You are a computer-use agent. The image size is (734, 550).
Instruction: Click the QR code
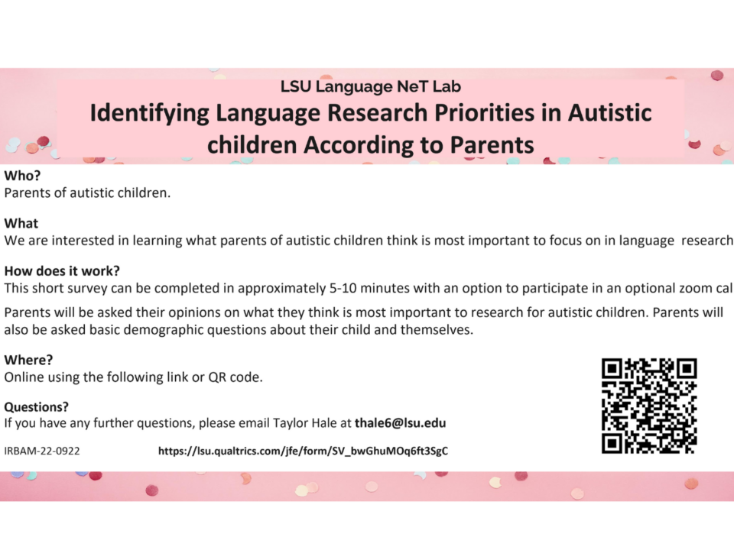click(649, 406)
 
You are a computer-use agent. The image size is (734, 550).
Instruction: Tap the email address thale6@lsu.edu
click(400, 422)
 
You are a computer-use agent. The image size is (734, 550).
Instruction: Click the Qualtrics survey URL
click(303, 451)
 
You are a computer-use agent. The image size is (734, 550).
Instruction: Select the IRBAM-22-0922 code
click(42, 451)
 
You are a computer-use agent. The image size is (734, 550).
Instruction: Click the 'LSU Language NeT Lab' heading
click(371, 86)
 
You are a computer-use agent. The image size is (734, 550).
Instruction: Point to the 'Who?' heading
click(22, 176)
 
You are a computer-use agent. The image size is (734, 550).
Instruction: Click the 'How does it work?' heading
click(62, 270)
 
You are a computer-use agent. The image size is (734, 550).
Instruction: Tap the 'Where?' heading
click(28, 360)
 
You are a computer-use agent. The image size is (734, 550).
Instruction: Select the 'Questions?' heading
click(37, 407)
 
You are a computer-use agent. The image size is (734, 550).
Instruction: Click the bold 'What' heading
click(21, 223)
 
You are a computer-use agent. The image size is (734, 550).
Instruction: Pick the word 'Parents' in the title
click(492, 145)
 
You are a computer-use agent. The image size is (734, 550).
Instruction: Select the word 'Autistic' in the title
click(609, 113)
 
